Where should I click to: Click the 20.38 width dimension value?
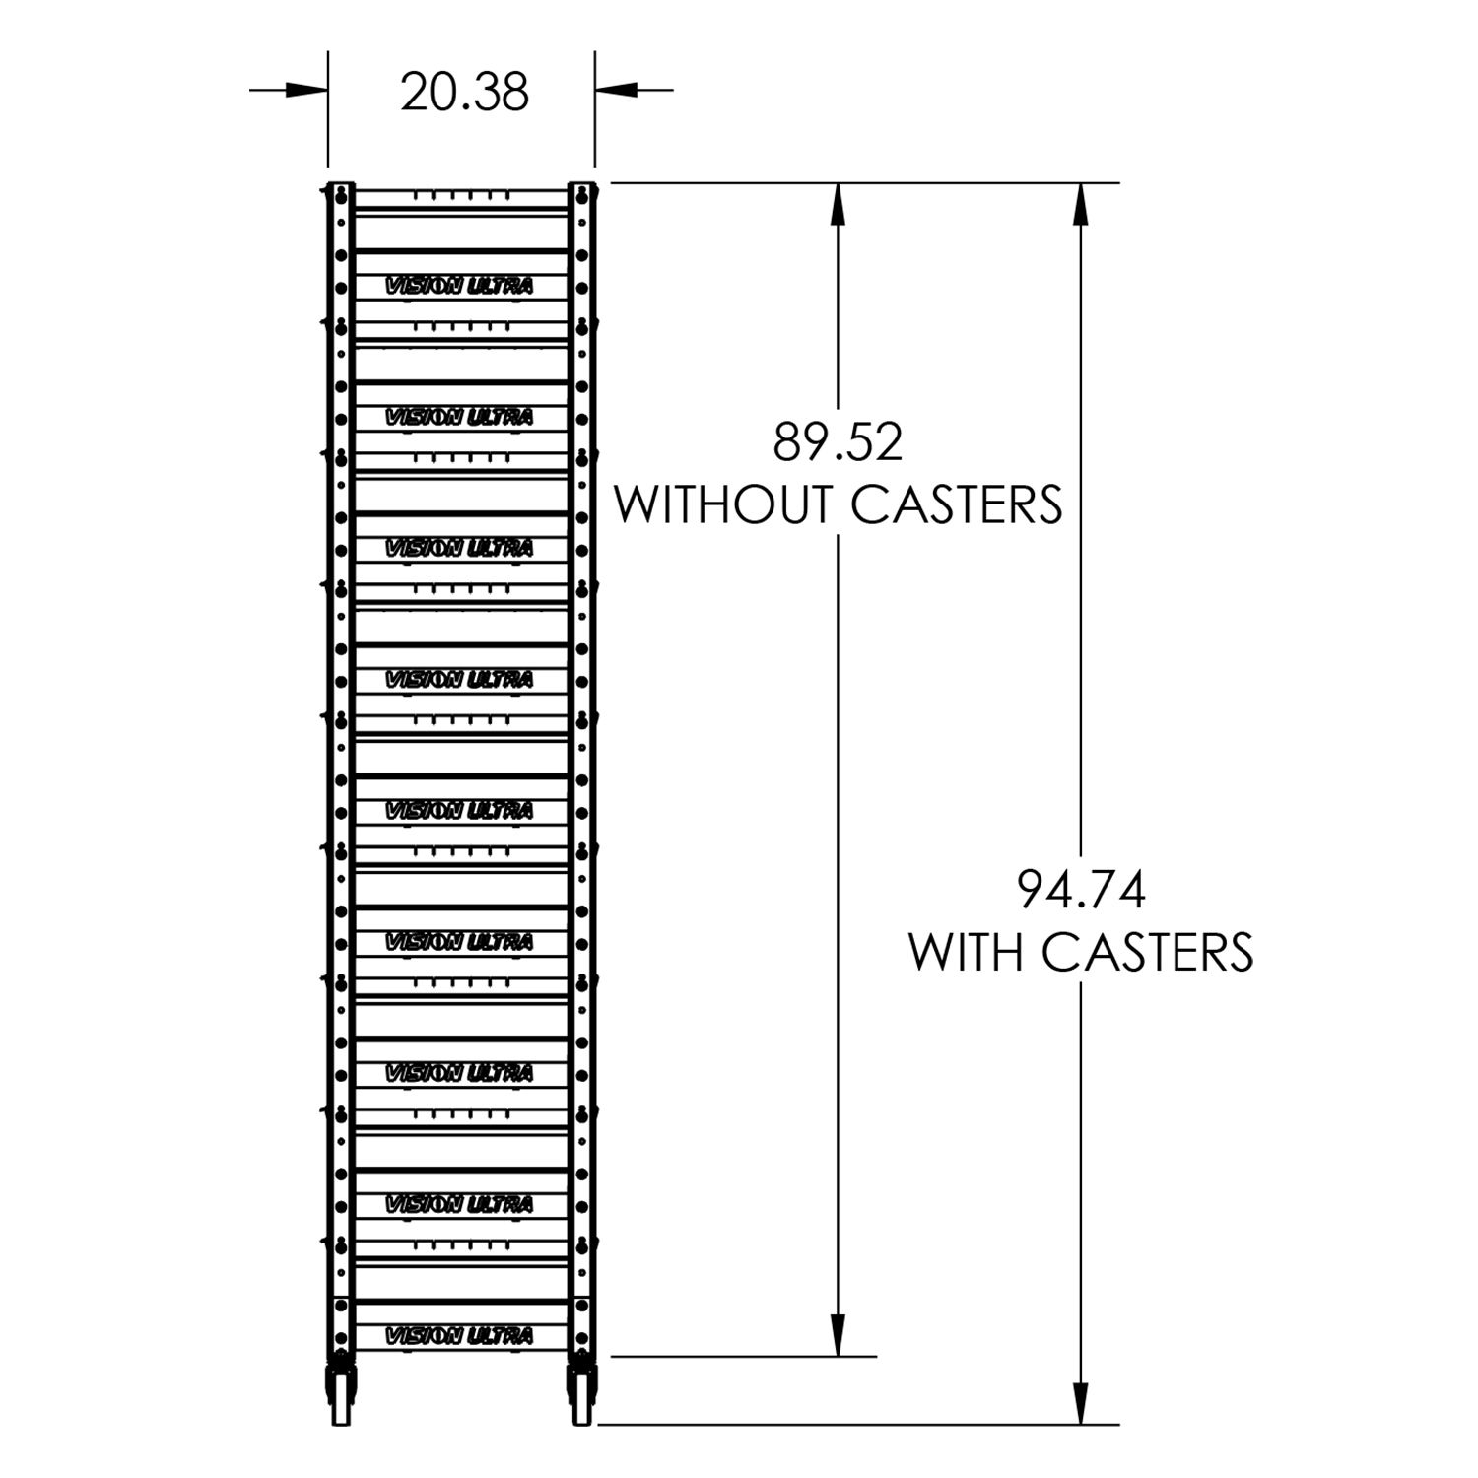464,92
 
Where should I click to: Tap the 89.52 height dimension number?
837,442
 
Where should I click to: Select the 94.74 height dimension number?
1081,891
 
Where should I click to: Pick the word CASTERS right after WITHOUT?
956,504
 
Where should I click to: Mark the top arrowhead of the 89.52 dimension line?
838,202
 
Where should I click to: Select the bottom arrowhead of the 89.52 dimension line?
838,1336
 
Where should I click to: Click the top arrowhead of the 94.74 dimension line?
1081,202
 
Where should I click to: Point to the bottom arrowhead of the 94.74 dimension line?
1081,1404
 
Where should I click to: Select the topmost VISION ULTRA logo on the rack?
459,286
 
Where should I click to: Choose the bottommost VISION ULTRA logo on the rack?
459,1336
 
